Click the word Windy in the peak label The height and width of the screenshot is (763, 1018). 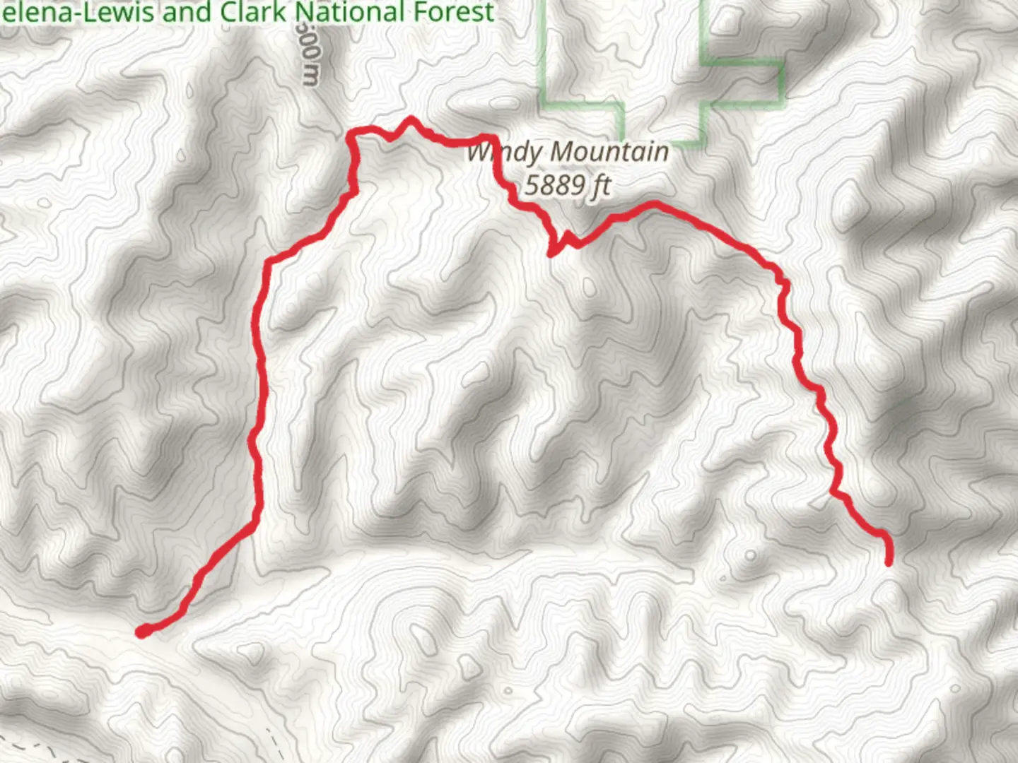(505, 153)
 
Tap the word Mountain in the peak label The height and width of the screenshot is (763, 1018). (609, 151)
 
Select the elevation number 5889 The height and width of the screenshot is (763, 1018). (556, 185)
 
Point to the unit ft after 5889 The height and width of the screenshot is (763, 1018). (601, 185)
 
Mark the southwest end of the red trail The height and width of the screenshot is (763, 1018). (142, 632)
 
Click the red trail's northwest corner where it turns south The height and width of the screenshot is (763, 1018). (351, 134)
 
